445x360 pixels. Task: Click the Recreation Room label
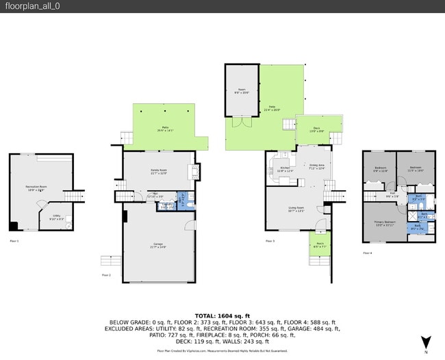tap(37, 187)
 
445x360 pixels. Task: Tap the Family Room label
tap(160, 171)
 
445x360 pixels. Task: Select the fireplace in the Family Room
tap(197, 171)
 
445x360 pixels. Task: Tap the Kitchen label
tap(285, 170)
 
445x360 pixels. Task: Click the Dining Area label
tap(317, 166)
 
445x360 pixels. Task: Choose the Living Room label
tap(295, 209)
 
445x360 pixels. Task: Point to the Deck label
tap(316, 128)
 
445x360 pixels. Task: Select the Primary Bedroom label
tap(385, 222)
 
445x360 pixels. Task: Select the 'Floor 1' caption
tap(14, 241)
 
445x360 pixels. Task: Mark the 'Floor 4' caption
tap(367, 253)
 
